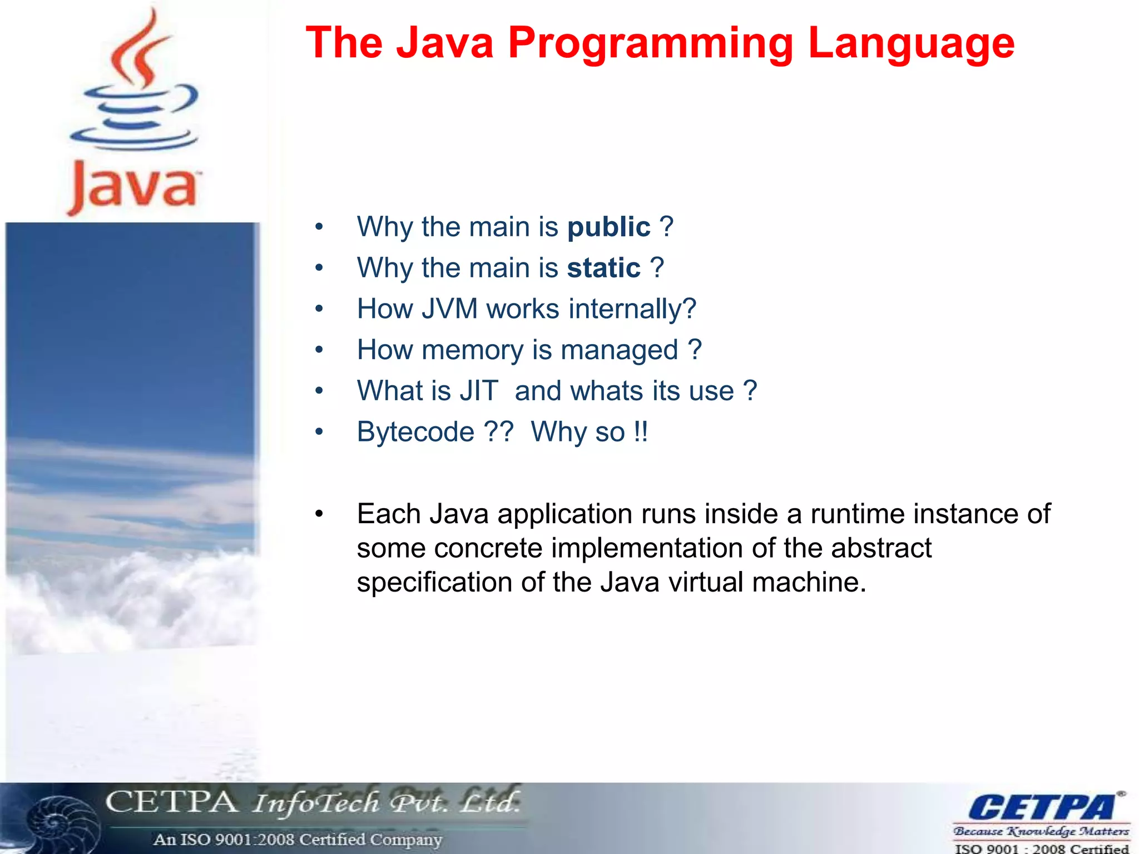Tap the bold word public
pos(608,227)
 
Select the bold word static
pos(603,268)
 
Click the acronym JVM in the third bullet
pos(449,309)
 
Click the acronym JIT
pos(479,391)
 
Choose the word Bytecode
pos(415,432)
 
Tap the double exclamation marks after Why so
pos(641,432)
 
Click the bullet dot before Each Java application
pos(319,514)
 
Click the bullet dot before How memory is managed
pos(319,350)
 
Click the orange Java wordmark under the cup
pos(133,186)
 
